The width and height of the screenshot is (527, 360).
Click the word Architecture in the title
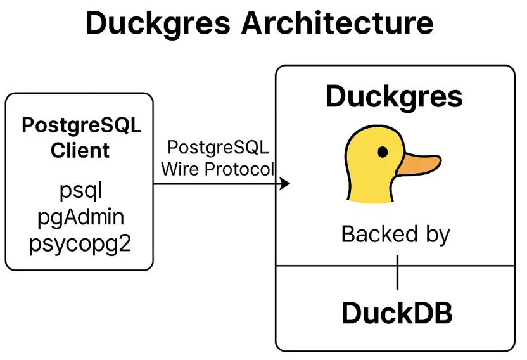[337, 23]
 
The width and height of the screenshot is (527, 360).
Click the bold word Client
[80, 150]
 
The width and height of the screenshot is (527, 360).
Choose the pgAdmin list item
[80, 218]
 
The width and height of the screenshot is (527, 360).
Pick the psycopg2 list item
[80, 245]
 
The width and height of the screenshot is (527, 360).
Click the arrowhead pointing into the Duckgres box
[284, 184]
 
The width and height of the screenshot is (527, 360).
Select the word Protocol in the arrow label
[239, 169]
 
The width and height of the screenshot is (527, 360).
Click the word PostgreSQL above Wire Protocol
[218, 148]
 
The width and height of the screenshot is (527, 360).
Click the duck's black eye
[383, 152]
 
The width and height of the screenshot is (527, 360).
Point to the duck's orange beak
[419, 164]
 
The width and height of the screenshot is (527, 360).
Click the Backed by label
[396, 235]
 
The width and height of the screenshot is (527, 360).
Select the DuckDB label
[397, 313]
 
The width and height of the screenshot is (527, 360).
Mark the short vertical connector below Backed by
[397, 272]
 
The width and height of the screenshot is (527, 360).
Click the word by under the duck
[438, 235]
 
